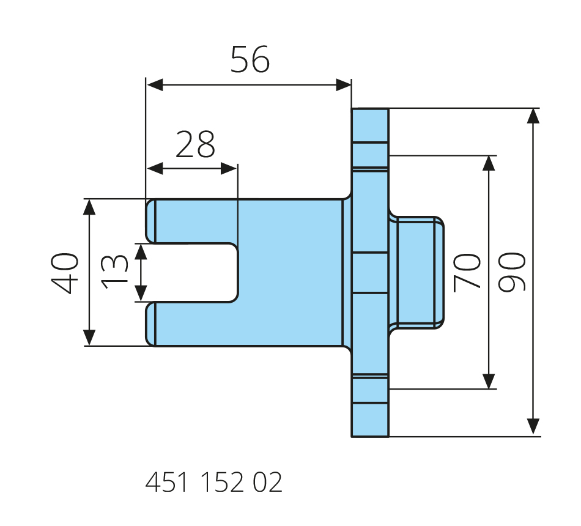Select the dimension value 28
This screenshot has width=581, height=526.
pyautogui.click(x=195, y=145)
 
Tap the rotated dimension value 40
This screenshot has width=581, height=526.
pyautogui.click(x=65, y=273)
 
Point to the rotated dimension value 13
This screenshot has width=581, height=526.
pyautogui.click(x=115, y=272)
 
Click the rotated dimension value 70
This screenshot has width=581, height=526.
pyautogui.click(x=467, y=273)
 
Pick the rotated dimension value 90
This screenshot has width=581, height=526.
pyautogui.click(x=512, y=273)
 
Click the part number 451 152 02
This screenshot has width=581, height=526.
pyautogui.click(x=214, y=483)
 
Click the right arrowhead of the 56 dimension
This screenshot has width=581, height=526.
pyautogui.click(x=344, y=85)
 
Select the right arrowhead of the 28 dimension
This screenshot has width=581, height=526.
pyautogui.click(x=229, y=168)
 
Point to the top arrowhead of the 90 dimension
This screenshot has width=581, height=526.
pyautogui.click(x=533, y=116)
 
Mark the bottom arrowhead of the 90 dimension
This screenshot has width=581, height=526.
pyautogui.click(x=533, y=428)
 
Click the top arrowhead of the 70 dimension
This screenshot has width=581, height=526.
pyautogui.click(x=489, y=163)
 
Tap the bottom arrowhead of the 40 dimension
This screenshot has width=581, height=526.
pyautogui.click(x=89, y=338)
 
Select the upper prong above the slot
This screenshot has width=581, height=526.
pyautogui.click(x=190, y=221)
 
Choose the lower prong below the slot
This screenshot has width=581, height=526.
pyautogui.click(x=190, y=324)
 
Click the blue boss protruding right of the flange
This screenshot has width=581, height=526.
pyautogui.click(x=419, y=273)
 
